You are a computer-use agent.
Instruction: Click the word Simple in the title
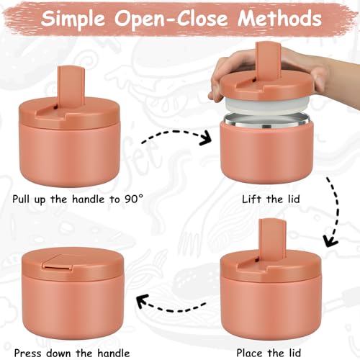pyautogui.click(x=73, y=19)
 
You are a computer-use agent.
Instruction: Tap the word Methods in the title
pyautogui.click(x=279, y=18)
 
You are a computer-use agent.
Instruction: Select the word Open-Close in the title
pyautogui.click(x=171, y=19)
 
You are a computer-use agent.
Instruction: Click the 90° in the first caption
pyautogui.click(x=134, y=199)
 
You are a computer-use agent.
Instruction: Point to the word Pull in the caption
pyautogui.click(x=22, y=199)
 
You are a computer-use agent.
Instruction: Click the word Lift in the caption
pyautogui.click(x=251, y=199)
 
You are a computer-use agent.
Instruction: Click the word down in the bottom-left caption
pyautogui.click(x=59, y=353)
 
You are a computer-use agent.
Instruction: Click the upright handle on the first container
pyautogui.click(x=71, y=88)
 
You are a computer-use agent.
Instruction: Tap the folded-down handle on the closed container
pyautogui.click(x=58, y=262)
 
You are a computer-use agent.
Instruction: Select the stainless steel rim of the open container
pyautogui.click(x=266, y=122)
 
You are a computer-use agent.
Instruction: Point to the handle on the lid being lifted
pyautogui.click(x=268, y=63)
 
